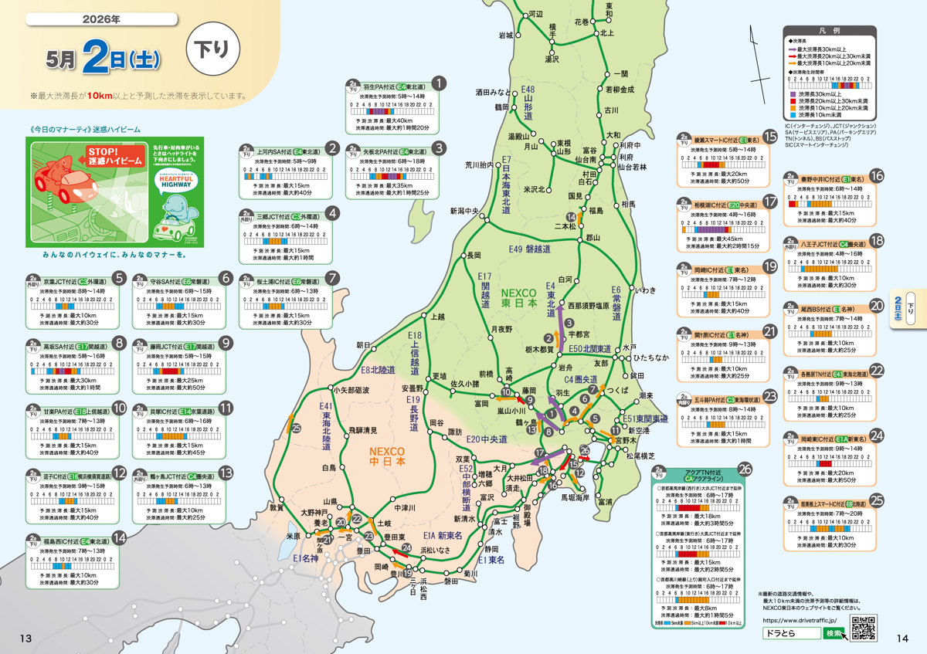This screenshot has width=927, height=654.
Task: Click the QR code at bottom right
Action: coord(863,628)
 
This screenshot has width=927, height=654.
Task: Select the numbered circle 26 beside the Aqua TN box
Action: coord(744,468)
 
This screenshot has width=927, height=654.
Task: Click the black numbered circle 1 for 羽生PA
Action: coord(438,83)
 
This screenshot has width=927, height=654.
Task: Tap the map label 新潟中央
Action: coord(465,211)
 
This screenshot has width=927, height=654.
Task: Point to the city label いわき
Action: coord(644,290)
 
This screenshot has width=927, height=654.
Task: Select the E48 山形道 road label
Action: coord(528,103)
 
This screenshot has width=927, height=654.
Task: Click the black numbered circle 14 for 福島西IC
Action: coord(119,538)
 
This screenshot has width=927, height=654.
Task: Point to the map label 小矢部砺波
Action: coord(351,390)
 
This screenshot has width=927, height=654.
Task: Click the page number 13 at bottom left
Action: coord(25,638)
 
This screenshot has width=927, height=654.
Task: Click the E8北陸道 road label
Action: coord(379,370)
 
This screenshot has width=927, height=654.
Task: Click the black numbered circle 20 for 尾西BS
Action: coord(876,306)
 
